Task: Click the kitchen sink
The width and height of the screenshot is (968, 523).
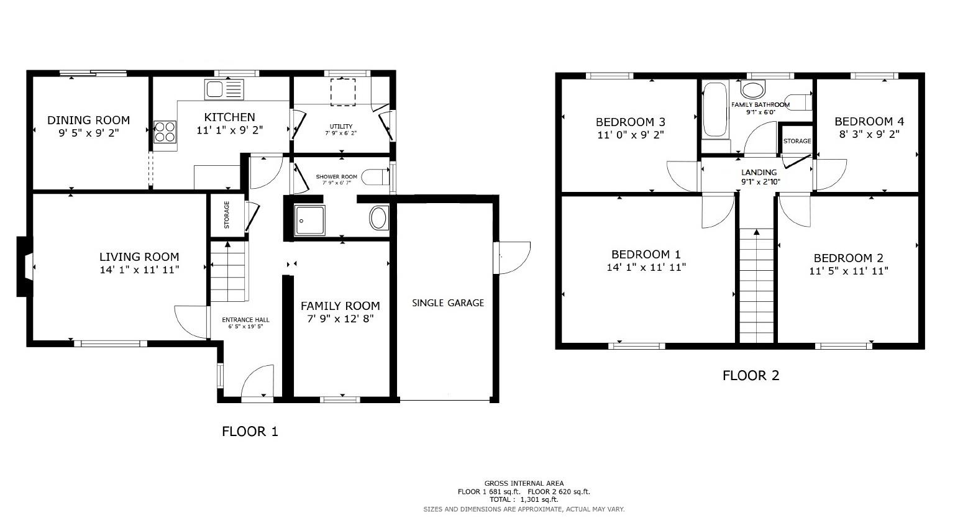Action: click(224, 89)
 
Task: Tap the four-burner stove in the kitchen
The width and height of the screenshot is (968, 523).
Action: click(165, 132)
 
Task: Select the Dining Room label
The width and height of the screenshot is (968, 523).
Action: click(89, 120)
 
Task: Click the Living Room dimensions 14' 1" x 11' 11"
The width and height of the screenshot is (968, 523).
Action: click(139, 270)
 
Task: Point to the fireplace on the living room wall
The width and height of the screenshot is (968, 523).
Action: click(23, 266)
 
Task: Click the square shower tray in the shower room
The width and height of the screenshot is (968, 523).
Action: click(309, 220)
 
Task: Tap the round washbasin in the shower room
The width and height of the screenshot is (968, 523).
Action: click(378, 219)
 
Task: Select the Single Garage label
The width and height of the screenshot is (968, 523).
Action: click(448, 303)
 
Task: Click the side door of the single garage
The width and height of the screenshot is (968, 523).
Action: click(513, 257)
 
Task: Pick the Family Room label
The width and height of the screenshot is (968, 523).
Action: click(340, 306)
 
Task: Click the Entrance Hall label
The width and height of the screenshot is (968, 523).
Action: click(245, 320)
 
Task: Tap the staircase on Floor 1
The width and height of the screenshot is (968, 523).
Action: click(228, 271)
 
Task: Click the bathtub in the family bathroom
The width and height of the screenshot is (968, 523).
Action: click(715, 110)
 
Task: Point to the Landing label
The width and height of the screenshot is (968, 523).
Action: click(759, 172)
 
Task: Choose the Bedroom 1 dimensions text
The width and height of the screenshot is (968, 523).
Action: click(646, 268)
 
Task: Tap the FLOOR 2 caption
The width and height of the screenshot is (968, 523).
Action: click(750, 375)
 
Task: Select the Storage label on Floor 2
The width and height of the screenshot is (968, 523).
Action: click(797, 141)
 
